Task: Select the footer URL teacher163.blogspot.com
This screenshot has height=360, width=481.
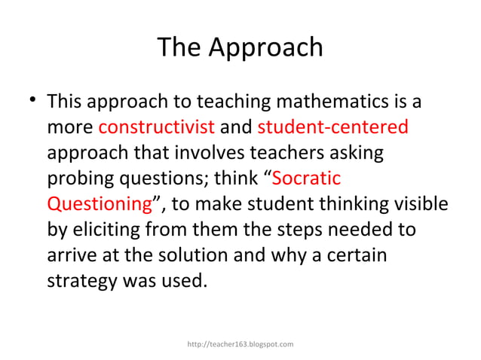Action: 240,344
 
